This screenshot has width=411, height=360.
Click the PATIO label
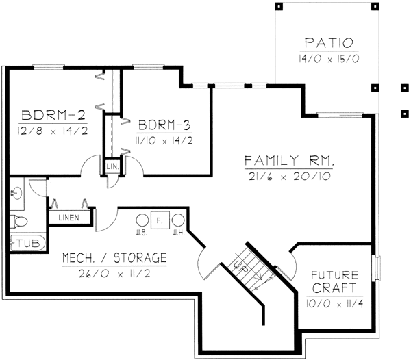pyautogui.click(x=325, y=42)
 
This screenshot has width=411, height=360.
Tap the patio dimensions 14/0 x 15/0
pyautogui.click(x=325, y=59)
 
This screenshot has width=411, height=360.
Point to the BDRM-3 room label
pyautogui.click(x=164, y=125)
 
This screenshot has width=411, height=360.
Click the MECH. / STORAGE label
pyautogui.click(x=114, y=258)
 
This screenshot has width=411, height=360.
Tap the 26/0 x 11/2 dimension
pyautogui.click(x=114, y=274)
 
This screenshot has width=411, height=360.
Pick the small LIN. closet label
pyautogui.click(x=110, y=166)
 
